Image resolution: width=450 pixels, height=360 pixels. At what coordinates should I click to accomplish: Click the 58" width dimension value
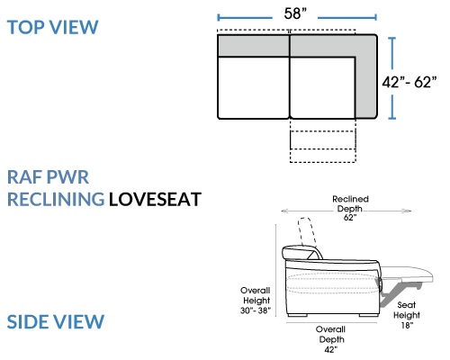point(295,13)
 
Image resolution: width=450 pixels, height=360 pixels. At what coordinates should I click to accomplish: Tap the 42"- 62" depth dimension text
point(409,82)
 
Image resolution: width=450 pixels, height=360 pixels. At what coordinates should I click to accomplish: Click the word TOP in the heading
point(26,27)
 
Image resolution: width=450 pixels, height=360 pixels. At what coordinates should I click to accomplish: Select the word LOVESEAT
point(155,199)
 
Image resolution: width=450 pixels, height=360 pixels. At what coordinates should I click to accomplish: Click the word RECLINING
point(56,199)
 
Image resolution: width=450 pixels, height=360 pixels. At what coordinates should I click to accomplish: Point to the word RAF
point(25,177)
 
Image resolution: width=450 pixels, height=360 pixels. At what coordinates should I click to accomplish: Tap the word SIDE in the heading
point(28,321)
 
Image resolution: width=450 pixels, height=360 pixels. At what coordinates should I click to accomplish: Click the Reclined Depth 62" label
point(350,208)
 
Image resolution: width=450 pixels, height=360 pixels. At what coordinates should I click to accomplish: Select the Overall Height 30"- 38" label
point(256,301)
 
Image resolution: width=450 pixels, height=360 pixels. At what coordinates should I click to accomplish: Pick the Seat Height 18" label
point(407,315)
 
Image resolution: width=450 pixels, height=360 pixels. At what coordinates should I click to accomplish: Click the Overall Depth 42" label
point(331,339)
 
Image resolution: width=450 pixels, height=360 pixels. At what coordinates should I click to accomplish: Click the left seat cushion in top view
point(254,87)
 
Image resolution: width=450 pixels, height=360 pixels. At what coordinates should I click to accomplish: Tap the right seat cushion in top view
point(322,87)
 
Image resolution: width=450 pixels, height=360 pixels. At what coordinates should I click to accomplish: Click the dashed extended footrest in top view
point(323,141)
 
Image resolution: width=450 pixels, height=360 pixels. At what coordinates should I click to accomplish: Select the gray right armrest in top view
point(366,76)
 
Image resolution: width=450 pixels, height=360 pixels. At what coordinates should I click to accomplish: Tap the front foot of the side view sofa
point(368,315)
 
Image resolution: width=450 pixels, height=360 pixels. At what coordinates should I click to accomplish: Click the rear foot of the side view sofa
point(297,315)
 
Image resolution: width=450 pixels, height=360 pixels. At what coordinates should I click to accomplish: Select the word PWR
point(67,177)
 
